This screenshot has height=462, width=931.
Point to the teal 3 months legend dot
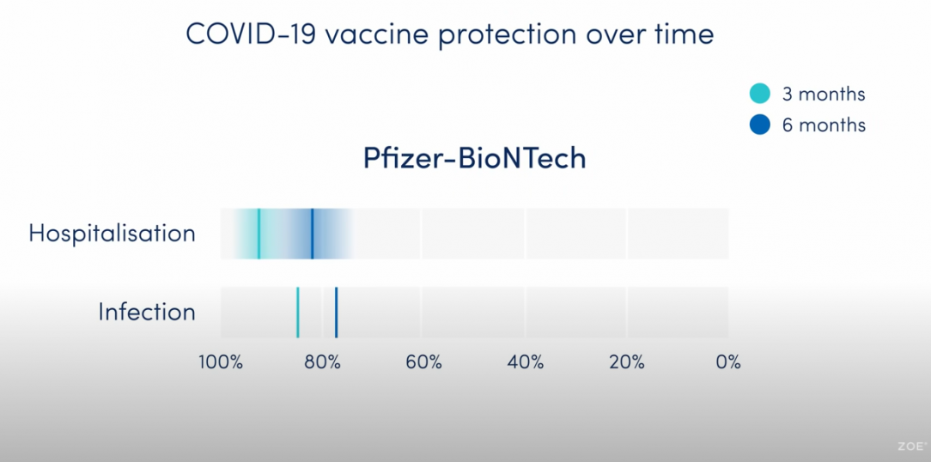[760, 94]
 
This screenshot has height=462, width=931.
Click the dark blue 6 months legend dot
[760, 125]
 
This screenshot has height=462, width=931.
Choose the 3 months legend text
[824, 94]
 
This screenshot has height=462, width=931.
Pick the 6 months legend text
[824, 125]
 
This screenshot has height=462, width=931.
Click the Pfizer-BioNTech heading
[474, 159]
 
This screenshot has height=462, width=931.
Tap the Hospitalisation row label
[113, 234]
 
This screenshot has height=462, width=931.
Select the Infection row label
[147, 312]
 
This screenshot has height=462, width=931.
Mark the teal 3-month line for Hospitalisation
[259, 234]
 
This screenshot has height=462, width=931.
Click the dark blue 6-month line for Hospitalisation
[313, 234]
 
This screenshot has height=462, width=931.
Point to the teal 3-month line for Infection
[297, 313]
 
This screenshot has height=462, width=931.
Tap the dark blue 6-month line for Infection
[336, 313]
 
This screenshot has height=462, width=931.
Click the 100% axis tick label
[220, 362]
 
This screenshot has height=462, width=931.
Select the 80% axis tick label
[322, 362]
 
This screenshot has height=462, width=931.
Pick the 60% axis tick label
[424, 362]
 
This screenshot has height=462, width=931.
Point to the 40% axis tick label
[526, 362]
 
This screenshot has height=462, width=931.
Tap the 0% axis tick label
[728, 362]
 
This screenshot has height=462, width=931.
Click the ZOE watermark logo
[912, 446]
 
